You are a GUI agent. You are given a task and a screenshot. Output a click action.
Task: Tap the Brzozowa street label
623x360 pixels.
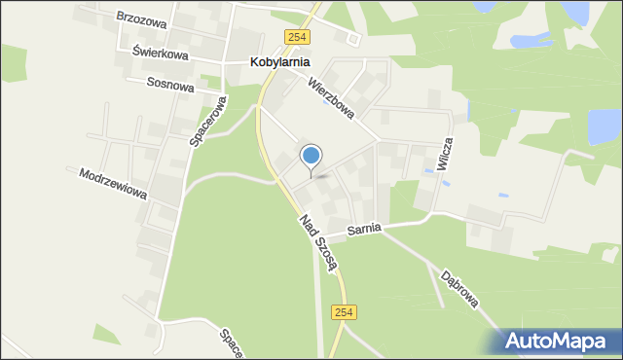pos(141,18)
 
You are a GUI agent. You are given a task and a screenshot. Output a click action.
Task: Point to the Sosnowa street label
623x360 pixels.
pos(170,85)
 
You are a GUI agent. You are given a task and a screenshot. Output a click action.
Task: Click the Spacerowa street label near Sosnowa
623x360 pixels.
pos(208,123)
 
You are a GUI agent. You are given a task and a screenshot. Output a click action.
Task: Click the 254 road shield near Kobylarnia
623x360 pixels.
pos(297,37)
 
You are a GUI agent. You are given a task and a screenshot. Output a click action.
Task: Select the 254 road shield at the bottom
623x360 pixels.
pos(344,312)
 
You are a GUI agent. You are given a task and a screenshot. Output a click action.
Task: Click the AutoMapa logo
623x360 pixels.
pos(554,341)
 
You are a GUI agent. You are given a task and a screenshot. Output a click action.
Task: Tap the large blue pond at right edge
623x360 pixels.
pos(604,126)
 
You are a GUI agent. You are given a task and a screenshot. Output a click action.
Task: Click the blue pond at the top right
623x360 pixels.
pos(575,12)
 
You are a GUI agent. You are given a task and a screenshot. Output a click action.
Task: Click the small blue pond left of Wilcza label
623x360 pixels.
pos(428,171)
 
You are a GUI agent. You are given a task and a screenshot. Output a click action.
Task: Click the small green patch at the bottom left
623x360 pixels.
pos(107,335)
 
